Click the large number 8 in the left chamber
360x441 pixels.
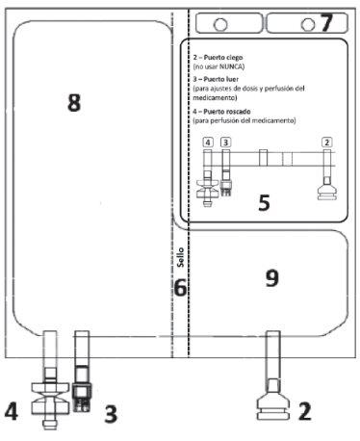click(x=74, y=102)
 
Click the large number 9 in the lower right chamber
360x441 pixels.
click(x=272, y=278)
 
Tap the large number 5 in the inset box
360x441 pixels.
click(x=264, y=203)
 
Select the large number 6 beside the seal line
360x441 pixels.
click(x=180, y=288)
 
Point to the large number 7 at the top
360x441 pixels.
click(x=326, y=23)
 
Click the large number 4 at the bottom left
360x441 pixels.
click(x=12, y=412)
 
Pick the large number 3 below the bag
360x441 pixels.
click(x=111, y=413)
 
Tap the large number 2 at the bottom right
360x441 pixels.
click(x=305, y=411)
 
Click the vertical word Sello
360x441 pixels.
click(x=181, y=257)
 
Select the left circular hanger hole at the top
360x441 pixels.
click(x=220, y=24)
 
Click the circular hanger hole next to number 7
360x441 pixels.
click(x=308, y=24)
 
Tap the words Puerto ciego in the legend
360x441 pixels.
click(x=223, y=58)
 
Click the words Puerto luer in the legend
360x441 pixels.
click(x=221, y=79)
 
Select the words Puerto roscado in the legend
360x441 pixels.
click(x=227, y=112)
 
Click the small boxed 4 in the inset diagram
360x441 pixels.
click(x=208, y=143)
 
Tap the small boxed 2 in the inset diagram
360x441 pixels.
click(x=327, y=142)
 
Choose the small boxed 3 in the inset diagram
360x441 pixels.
click(x=226, y=143)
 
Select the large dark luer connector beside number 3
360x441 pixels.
click(x=82, y=389)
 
